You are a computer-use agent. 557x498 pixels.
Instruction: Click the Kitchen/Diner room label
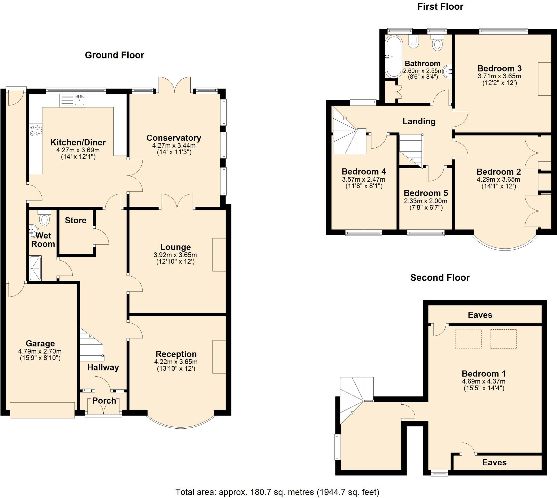coord(78,142)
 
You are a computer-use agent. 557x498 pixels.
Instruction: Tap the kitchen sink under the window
coord(73,100)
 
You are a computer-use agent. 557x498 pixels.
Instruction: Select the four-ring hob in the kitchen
coord(36,130)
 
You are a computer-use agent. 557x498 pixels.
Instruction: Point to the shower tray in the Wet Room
coord(35,268)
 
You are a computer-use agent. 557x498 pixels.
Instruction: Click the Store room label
coord(76,220)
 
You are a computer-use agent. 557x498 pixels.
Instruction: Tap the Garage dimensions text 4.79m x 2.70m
coord(40,351)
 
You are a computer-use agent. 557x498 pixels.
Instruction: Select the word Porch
coord(104,401)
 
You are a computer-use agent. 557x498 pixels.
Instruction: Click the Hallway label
coord(103,367)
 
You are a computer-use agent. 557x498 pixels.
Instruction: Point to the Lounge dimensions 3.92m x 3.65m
coord(175,255)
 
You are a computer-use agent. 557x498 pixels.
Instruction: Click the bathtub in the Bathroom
coord(394,57)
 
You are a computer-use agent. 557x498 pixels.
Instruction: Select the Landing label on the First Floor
coord(419,121)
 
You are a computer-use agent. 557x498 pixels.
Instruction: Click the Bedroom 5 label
coord(426,193)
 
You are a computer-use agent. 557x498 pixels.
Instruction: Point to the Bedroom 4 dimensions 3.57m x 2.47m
coord(364,180)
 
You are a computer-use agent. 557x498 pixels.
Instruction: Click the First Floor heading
coord(440,7)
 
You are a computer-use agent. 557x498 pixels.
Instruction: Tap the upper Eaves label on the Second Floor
coord(480,315)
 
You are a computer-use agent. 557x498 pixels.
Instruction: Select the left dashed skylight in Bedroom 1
coord(468,339)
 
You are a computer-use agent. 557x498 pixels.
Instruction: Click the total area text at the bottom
coord(277,492)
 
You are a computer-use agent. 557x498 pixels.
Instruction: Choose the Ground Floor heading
coord(114,55)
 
